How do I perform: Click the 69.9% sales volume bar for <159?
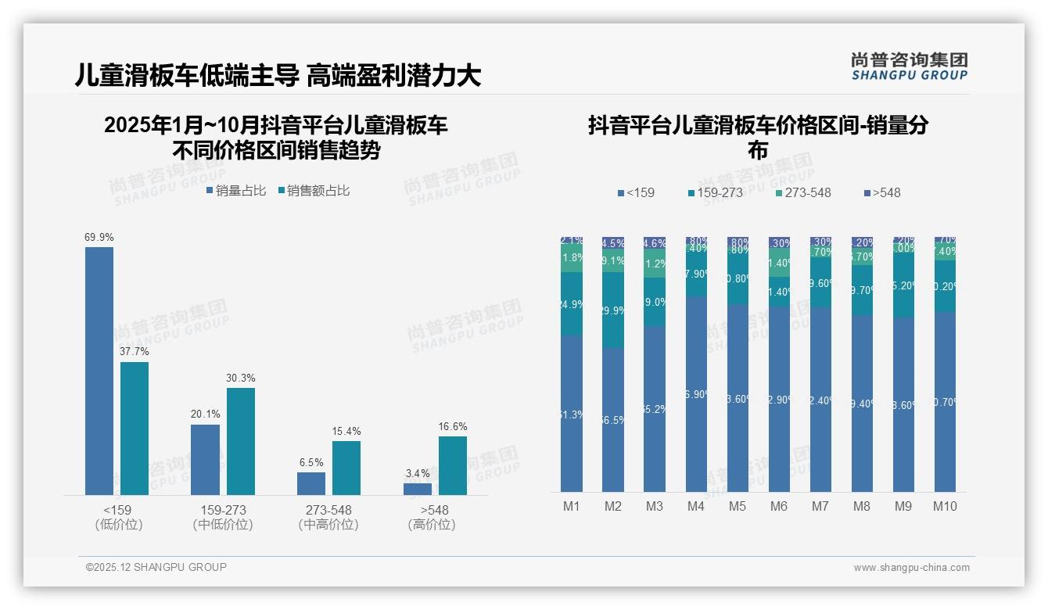pyautogui.click(x=99, y=371)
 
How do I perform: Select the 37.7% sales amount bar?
pyautogui.click(x=135, y=428)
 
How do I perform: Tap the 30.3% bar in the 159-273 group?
pyautogui.click(x=241, y=441)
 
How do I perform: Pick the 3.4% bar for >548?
pyautogui.click(x=418, y=489)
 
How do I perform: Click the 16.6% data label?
pyautogui.click(x=453, y=426)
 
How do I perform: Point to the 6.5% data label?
pyautogui.click(x=311, y=462)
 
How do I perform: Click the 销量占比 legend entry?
pyautogui.click(x=236, y=190)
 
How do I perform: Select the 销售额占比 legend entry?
pyautogui.click(x=314, y=190)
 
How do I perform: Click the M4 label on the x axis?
pyautogui.click(x=696, y=506)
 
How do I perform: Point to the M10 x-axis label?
pyautogui.click(x=945, y=506)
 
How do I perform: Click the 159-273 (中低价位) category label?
pyautogui.click(x=223, y=517)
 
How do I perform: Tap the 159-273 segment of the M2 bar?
pyautogui.click(x=613, y=310)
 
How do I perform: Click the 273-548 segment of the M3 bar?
pyautogui.click(x=655, y=264)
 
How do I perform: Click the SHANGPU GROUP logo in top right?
pyautogui.click(x=910, y=66)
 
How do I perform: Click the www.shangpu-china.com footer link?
pyautogui.click(x=911, y=567)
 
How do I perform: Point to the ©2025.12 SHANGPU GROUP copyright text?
pyautogui.click(x=156, y=567)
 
